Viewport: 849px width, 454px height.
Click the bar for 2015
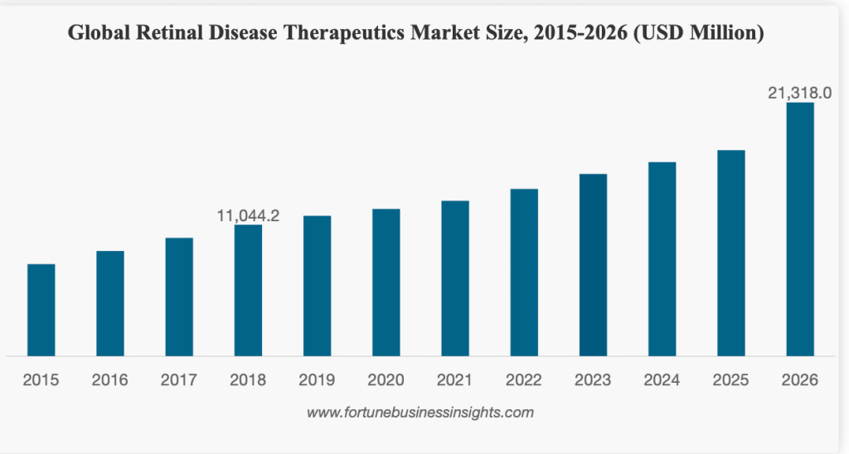(x=41, y=310)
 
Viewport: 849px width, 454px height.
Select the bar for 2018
(x=248, y=290)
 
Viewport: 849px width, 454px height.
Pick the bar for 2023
(x=593, y=265)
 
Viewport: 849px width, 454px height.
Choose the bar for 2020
(x=386, y=283)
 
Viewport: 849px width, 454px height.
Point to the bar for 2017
(x=179, y=297)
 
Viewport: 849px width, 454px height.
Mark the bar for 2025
(x=731, y=253)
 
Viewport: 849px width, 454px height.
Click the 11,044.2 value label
(x=248, y=216)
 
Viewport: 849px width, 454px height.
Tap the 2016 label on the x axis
(x=110, y=380)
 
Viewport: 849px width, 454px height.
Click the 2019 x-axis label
(x=317, y=380)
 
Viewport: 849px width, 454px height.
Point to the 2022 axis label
(x=524, y=380)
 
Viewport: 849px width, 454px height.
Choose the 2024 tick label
(x=662, y=380)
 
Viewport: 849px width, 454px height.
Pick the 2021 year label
(x=455, y=380)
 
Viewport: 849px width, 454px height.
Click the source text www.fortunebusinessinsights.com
(x=420, y=412)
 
